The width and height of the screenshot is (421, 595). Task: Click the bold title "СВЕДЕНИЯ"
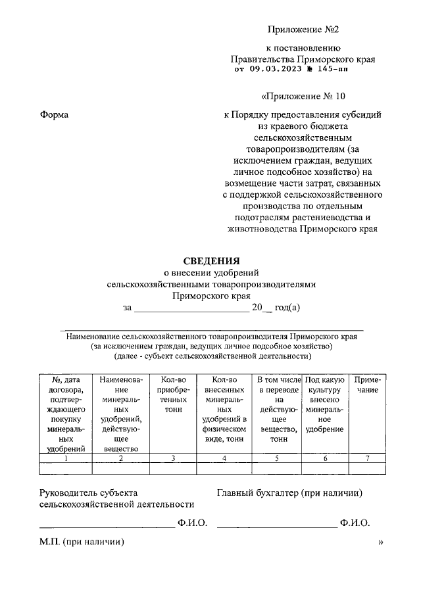coord(211,260)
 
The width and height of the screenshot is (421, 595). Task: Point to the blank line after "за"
coord(191,308)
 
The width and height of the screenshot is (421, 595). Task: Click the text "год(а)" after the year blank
coord(287,307)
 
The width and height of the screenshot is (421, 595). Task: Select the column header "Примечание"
coord(367,385)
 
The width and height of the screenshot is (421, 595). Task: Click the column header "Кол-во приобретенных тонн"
coord(173,394)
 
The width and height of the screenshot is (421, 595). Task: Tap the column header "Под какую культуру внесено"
coord(325,404)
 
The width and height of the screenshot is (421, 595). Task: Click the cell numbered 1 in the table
coord(66,458)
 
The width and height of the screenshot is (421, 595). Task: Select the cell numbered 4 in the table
coord(224,458)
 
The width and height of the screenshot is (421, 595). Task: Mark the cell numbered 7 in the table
coord(367,458)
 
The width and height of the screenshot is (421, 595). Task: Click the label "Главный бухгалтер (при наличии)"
coord(289,492)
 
